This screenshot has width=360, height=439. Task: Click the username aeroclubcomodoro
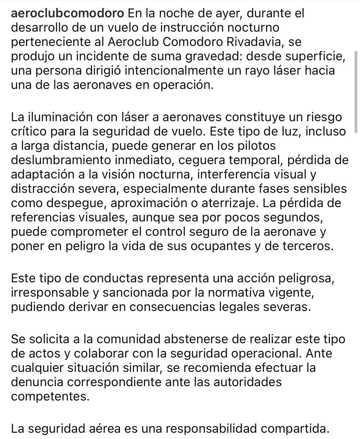(67, 13)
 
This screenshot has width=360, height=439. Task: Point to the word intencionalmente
(178, 71)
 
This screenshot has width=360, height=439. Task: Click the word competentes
(50, 397)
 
